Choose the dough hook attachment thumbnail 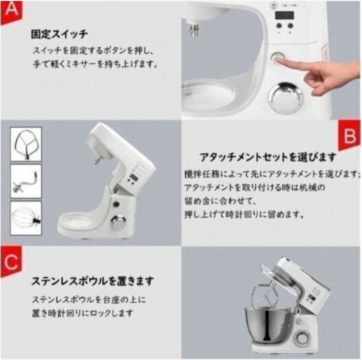(25, 180)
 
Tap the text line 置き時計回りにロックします (83, 313)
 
